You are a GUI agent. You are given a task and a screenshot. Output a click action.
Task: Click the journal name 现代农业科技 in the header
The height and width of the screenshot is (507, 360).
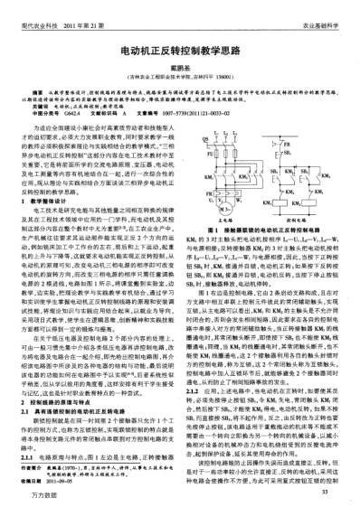tap(30, 6)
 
